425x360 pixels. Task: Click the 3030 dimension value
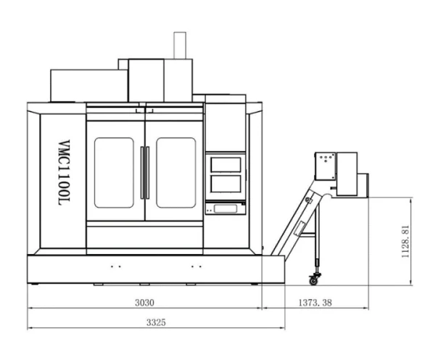click(144, 303)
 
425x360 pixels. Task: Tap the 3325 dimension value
click(156, 322)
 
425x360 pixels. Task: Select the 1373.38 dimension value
click(315, 303)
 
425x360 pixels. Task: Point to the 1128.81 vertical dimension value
click(405, 242)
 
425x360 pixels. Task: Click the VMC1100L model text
click(65, 173)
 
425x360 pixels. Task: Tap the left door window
click(114, 173)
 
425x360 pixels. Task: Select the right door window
click(176, 173)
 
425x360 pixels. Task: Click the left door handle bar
click(142, 173)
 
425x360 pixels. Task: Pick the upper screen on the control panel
click(226, 165)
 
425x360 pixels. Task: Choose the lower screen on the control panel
click(226, 184)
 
